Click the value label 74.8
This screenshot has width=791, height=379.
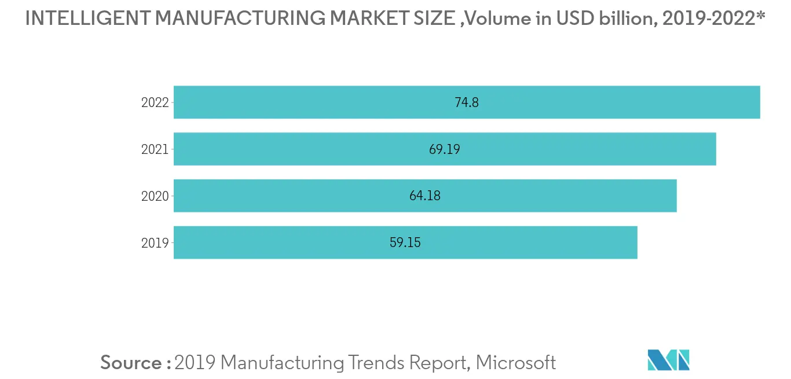click(x=467, y=102)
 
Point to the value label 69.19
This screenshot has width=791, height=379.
click(x=445, y=149)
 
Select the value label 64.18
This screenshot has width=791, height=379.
click(x=425, y=196)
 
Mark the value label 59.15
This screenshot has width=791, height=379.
click(x=405, y=242)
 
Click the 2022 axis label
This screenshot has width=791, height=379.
click(x=155, y=102)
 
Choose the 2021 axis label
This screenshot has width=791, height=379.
click(x=155, y=149)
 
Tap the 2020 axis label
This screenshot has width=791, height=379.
click(x=155, y=196)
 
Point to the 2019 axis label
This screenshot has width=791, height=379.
click(x=155, y=243)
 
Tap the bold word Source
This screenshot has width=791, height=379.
click(x=131, y=363)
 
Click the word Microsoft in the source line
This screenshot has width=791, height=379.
click(x=517, y=363)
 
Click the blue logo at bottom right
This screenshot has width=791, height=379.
click(x=669, y=360)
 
